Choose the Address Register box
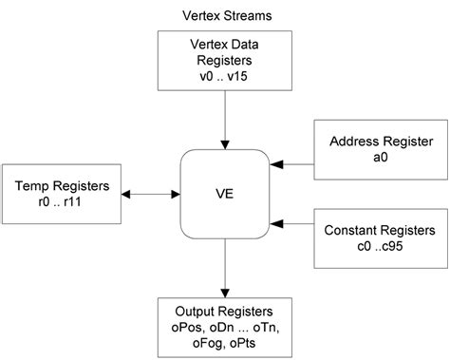(x=374, y=151)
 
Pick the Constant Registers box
(x=381, y=237)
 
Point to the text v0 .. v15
(x=225, y=70)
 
